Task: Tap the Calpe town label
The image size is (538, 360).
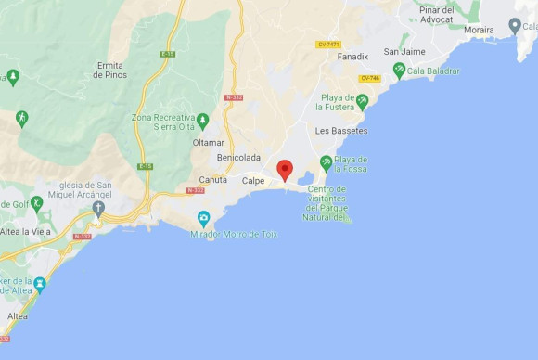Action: (253, 181)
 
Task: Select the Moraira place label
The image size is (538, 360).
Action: (479, 30)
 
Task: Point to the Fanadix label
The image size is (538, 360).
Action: (352, 57)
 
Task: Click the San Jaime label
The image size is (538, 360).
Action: (404, 51)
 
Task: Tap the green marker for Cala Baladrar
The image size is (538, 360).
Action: (399, 71)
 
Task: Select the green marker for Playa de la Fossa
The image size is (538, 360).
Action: (326, 163)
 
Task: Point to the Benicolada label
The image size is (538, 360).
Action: (239, 158)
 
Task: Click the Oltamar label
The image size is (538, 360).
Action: (207, 142)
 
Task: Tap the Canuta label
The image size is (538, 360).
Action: (212, 180)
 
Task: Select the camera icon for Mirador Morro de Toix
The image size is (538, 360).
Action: (204, 219)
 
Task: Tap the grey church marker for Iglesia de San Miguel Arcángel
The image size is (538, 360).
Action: (98, 209)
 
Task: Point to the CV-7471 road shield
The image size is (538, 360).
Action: (328, 44)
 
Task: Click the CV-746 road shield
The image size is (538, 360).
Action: (370, 78)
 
